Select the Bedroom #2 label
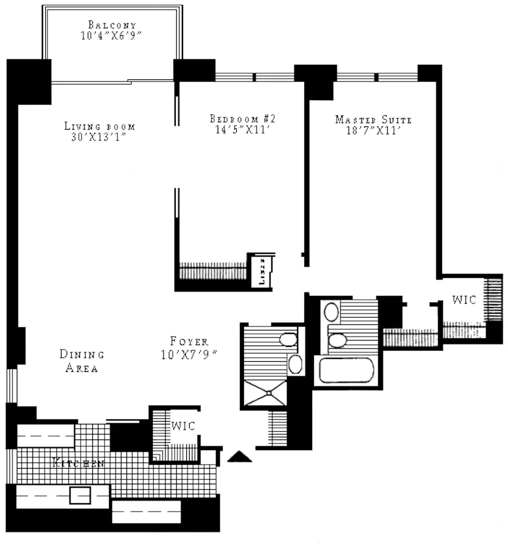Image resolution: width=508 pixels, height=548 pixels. coord(243,119)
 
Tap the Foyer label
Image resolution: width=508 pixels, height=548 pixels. coord(190,341)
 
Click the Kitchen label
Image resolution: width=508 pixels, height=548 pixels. coord(78,463)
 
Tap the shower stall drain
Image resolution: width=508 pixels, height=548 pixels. coord(269,393)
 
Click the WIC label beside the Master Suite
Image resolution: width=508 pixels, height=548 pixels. coord(464,300)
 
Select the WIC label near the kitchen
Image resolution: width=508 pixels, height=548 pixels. coord(183,426)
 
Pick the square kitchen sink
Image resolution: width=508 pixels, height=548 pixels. coord(79,495)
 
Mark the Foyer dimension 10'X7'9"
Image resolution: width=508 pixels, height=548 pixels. coord(190,353)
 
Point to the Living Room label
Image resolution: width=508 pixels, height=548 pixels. coord(100,126)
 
